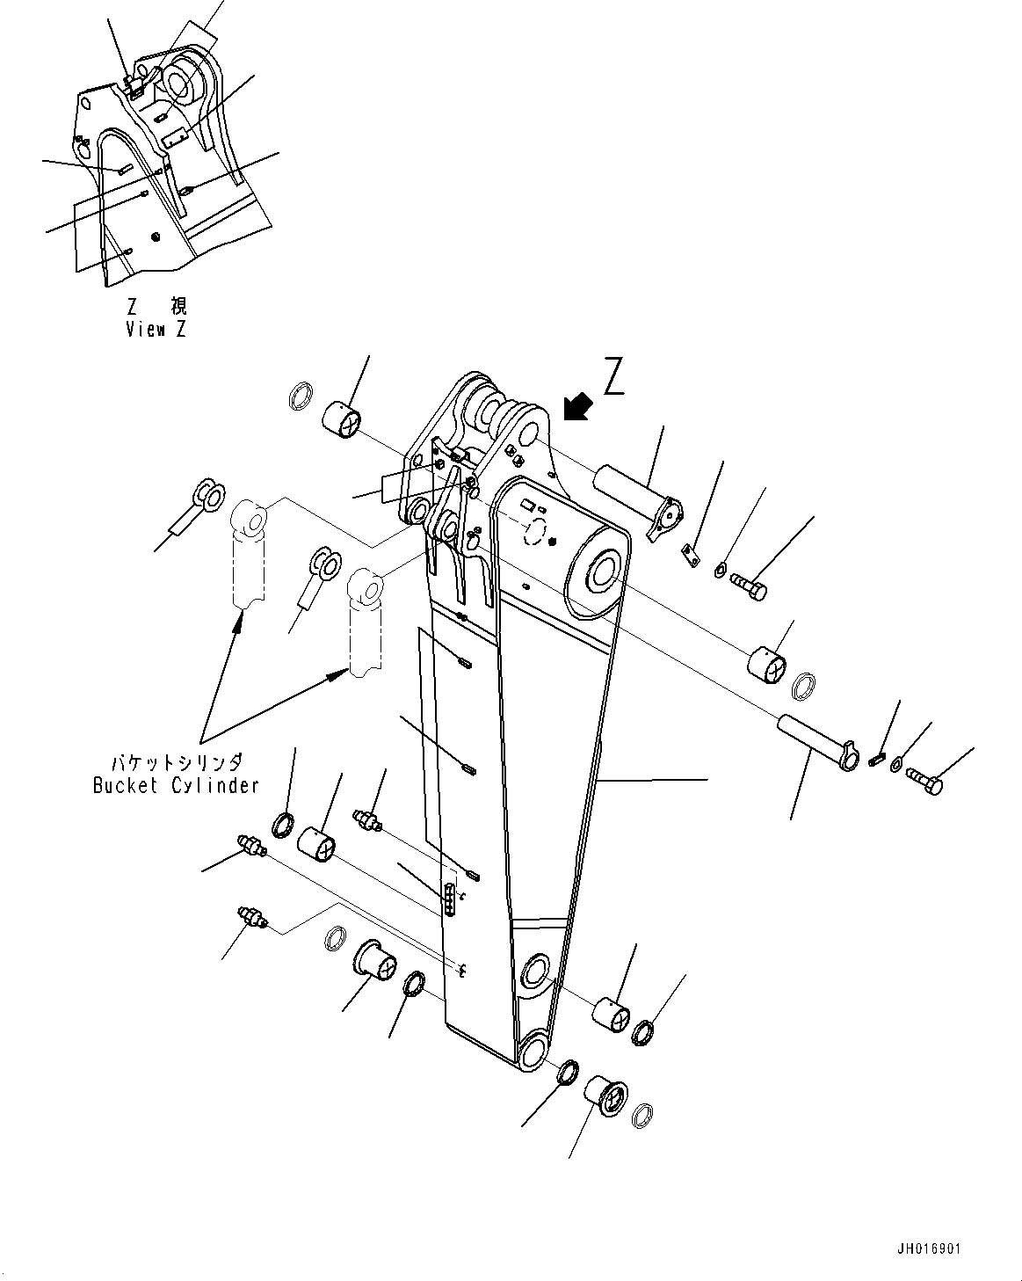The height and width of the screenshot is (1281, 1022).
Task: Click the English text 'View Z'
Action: [x=156, y=330]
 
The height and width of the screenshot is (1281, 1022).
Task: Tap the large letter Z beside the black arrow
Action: [x=613, y=377]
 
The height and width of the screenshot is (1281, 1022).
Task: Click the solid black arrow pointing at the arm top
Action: [x=577, y=407]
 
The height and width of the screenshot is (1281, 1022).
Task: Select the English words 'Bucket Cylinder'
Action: [x=176, y=785]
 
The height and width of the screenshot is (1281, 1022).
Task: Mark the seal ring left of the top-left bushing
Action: [x=301, y=396]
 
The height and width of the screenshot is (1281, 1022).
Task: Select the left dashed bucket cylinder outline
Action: [x=249, y=554]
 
